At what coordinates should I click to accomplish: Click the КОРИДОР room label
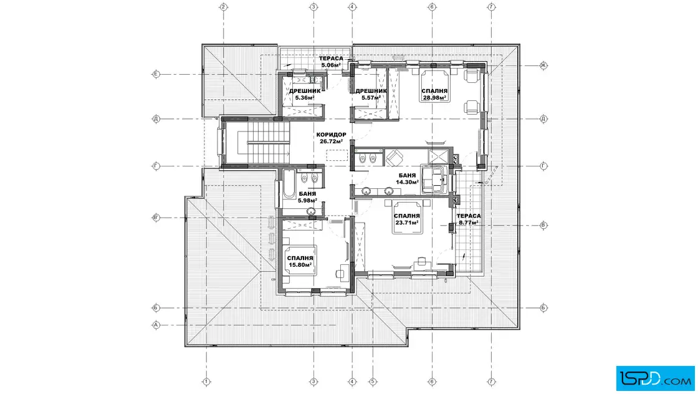point(331,135)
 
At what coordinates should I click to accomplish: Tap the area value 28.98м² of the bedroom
point(434,98)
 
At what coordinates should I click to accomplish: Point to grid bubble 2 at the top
point(224,7)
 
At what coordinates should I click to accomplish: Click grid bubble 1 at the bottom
point(206,382)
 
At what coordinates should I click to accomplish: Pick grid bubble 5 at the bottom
point(373,382)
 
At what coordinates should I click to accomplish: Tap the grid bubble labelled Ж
point(543,65)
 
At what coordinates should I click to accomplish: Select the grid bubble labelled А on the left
point(156,325)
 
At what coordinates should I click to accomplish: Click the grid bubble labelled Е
point(156,74)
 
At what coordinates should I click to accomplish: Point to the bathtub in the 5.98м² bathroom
point(289,183)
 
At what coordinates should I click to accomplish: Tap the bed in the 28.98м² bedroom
point(434,85)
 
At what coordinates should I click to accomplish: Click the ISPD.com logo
point(655,378)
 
